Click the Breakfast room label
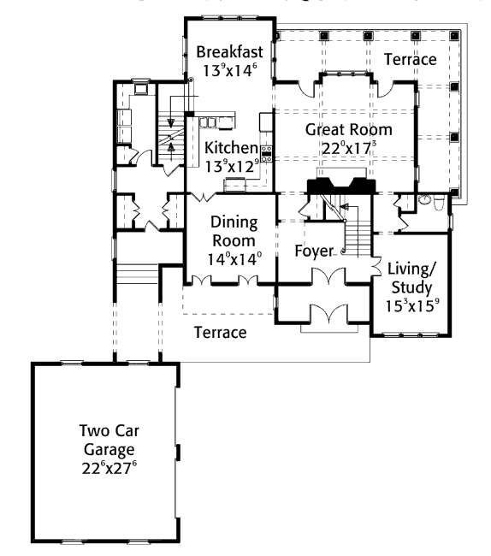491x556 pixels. point(230,52)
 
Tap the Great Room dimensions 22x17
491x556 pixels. point(348,148)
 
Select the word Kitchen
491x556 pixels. point(231,148)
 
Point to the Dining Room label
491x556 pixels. point(234,231)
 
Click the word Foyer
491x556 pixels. point(314,251)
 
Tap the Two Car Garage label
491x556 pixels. point(109,440)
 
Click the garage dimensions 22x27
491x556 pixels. point(109,468)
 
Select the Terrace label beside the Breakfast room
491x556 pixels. point(411,59)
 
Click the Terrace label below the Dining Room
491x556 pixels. point(220,332)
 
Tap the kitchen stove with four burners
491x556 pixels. point(267,153)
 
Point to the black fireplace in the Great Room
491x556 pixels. point(341,186)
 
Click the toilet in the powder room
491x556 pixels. point(439,202)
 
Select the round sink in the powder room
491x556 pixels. point(423,199)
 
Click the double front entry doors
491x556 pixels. point(328,313)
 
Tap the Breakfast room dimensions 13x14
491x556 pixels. point(230,70)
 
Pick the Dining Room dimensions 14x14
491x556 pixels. point(234,259)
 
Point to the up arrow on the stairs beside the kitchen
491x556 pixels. point(171,151)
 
